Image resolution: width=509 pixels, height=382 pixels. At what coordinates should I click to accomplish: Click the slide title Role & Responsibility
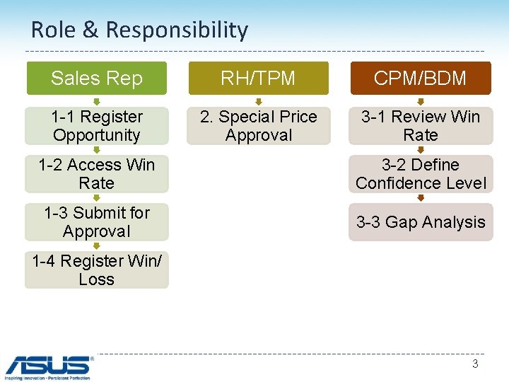coord(139,30)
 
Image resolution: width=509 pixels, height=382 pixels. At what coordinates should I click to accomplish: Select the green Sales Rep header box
coord(97,78)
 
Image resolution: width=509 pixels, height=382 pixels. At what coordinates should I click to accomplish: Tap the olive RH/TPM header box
coord(258,78)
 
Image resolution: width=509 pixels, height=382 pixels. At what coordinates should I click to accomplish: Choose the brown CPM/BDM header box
coord(421,78)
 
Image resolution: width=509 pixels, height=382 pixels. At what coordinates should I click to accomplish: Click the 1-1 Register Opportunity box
coord(97,126)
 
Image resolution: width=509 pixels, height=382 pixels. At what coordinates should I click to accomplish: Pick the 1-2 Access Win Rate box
coord(97,174)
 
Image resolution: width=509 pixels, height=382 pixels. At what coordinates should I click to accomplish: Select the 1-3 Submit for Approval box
coord(97,222)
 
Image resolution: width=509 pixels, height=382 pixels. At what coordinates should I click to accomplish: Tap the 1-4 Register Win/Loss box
coord(97,270)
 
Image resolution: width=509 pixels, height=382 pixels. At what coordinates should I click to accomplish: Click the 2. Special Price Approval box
coord(258,126)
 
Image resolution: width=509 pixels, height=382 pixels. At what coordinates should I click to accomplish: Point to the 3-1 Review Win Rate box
coord(421,126)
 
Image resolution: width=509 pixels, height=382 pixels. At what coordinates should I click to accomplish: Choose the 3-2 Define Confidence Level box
coord(421,174)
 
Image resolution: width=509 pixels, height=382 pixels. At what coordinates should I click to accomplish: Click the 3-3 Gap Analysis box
coord(421,222)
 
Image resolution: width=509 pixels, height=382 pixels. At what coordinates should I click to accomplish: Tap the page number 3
coord(475,364)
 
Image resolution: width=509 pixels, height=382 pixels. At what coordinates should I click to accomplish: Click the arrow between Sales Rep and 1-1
coord(97,101)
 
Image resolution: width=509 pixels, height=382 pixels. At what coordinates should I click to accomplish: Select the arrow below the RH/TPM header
coord(258,101)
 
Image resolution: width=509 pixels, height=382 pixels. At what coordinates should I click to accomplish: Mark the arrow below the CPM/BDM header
coord(421,101)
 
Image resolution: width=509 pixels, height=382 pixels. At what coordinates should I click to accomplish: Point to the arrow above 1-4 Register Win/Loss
coord(97,246)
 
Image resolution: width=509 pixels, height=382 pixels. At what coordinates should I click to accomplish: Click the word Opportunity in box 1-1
coord(97,135)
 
